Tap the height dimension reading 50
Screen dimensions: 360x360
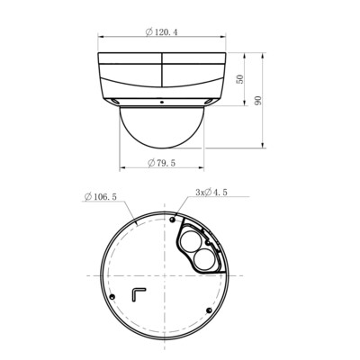pos(240,78)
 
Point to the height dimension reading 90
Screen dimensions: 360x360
pos(258,100)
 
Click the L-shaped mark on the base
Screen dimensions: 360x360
pos(138,294)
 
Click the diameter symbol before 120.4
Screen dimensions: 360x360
pos(147,33)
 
